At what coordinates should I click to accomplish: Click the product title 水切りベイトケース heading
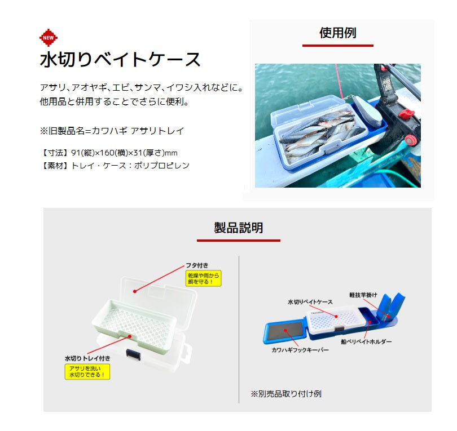click(x=120, y=59)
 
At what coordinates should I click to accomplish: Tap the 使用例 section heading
click(x=337, y=33)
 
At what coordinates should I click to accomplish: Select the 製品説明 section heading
click(x=238, y=228)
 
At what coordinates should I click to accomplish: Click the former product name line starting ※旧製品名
click(x=112, y=131)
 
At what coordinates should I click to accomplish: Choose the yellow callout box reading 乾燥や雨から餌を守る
click(x=203, y=278)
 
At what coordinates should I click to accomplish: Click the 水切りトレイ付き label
click(x=87, y=358)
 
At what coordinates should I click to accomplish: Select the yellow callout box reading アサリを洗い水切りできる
click(x=88, y=371)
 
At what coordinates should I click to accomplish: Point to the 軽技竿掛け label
click(x=363, y=295)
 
